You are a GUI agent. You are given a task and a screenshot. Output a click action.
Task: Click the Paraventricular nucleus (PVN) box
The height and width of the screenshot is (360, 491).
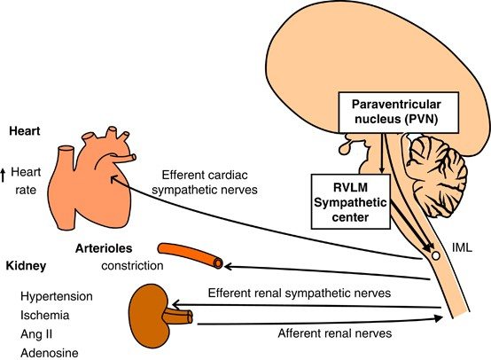pyautogui.click(x=399, y=112)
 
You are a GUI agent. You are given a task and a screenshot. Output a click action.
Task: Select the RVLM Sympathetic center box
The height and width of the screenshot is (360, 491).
pyautogui.click(x=351, y=202)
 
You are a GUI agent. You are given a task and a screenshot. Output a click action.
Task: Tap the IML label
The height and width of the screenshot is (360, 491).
pyautogui.click(x=462, y=248)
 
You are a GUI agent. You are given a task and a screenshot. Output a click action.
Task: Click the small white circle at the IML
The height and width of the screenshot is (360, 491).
pyautogui.click(x=435, y=255)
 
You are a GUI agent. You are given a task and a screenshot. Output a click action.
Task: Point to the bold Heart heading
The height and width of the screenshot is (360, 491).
pyautogui.click(x=25, y=131)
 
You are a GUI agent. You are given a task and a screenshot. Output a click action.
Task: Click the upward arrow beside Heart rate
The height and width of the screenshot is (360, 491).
pyautogui.click(x=4, y=176)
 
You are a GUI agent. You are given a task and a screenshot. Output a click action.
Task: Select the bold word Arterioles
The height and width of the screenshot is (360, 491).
pyautogui.click(x=104, y=248)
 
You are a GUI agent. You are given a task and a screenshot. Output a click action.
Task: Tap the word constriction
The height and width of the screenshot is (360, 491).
pyautogui.click(x=132, y=266)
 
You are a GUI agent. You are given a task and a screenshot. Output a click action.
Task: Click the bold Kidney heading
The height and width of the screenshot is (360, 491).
pyautogui.click(x=26, y=266)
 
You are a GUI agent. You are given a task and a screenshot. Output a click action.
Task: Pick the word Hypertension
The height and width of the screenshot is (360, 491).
pyautogui.click(x=57, y=296)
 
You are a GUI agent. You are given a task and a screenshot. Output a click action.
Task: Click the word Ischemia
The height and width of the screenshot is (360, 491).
pyautogui.click(x=45, y=315)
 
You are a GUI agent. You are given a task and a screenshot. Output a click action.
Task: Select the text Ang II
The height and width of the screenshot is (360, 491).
pyautogui.click(x=36, y=334)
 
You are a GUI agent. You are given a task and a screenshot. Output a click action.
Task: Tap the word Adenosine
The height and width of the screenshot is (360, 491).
pyautogui.click(x=50, y=353)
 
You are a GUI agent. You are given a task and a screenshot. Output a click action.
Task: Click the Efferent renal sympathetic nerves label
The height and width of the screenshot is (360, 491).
pyautogui.click(x=300, y=293)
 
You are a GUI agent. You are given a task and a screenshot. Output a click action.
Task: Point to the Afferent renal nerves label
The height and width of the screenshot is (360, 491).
pyautogui.click(x=335, y=333)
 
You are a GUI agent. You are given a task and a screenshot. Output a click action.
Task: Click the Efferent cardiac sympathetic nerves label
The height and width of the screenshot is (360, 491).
pyautogui.click(x=205, y=183)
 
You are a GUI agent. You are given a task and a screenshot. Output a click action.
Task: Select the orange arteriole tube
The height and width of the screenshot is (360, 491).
pyautogui.click(x=191, y=255)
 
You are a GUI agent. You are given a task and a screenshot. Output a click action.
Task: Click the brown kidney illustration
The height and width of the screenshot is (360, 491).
pyautogui.click(x=151, y=316)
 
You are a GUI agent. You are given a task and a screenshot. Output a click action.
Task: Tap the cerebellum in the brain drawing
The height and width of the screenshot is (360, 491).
pyautogui.click(x=436, y=176)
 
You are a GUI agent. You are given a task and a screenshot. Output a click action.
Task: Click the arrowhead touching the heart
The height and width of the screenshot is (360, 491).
pyautogui.click(x=114, y=179)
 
